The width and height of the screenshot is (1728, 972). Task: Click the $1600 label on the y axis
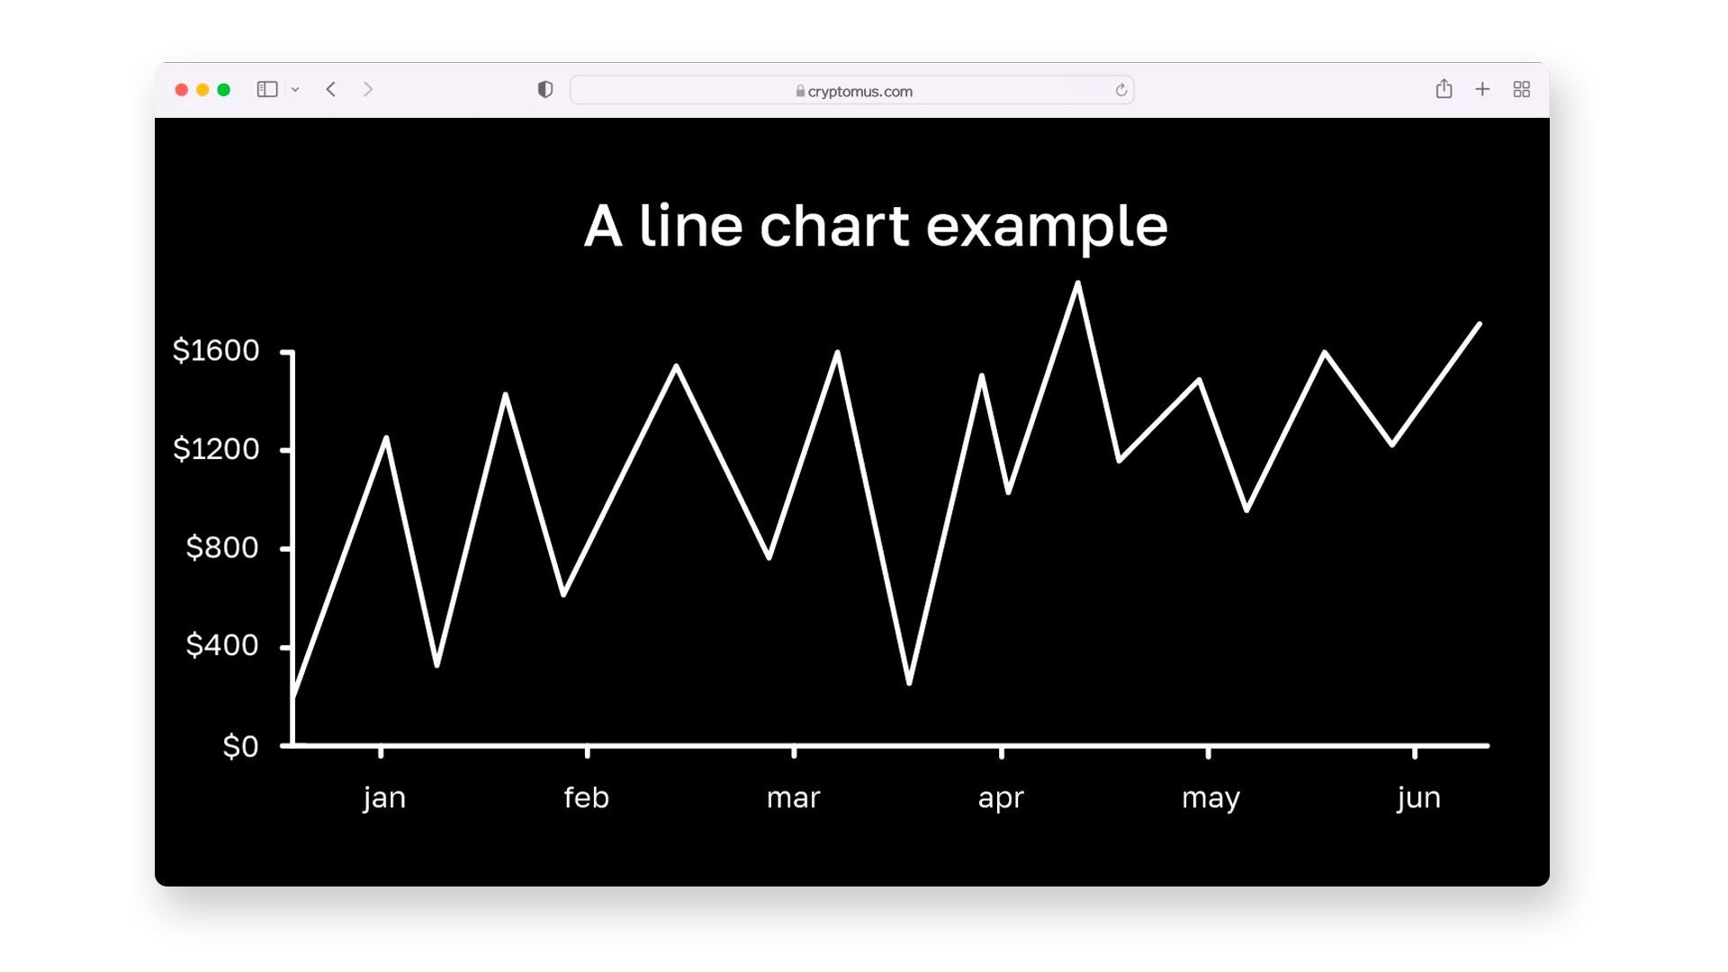point(216,350)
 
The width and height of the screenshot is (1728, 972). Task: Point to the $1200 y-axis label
point(216,448)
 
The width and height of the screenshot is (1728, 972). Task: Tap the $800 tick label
point(222,547)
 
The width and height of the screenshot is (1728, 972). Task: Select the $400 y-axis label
point(222,645)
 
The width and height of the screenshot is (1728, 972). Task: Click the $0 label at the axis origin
point(240,746)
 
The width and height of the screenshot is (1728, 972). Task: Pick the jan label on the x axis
point(384,798)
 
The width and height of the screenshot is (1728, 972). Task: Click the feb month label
point(586,797)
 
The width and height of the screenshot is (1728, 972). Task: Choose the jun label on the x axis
point(1419,798)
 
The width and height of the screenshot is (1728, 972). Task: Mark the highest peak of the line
point(1077,283)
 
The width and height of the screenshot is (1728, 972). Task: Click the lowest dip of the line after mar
point(909,682)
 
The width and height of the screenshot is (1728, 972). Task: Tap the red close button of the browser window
point(181,89)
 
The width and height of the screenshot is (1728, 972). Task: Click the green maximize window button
point(224,89)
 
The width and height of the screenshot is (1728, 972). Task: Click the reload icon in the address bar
point(1121,90)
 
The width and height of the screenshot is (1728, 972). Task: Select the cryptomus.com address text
point(860,91)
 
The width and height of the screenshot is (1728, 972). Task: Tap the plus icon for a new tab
point(1482,89)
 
